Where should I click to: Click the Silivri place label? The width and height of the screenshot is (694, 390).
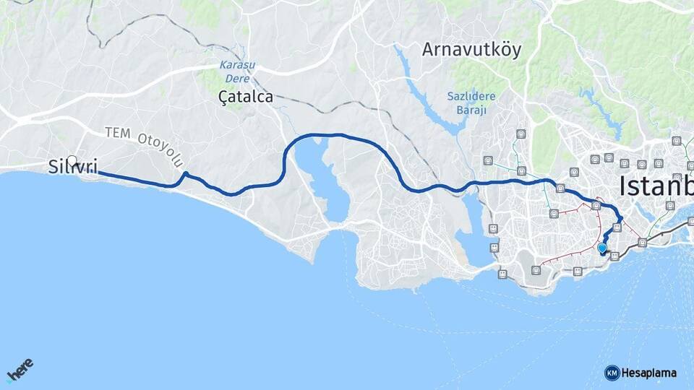pyautogui.click(x=72, y=167)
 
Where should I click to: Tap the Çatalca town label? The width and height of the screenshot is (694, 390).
pyautogui.click(x=246, y=96)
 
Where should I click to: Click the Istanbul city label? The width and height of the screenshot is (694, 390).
pyautogui.click(x=654, y=186)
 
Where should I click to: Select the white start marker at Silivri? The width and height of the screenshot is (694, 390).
pyautogui.click(x=72, y=161)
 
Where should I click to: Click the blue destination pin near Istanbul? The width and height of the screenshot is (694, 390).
pyautogui.click(x=601, y=248)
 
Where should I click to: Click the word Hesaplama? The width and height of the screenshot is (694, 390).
pyautogui.click(x=649, y=373)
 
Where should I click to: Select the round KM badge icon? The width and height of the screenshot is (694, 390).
pyautogui.click(x=612, y=373)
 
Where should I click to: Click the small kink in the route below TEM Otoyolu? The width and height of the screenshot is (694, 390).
pyautogui.click(x=185, y=173)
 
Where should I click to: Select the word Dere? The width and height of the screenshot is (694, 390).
pyautogui.click(x=233, y=74)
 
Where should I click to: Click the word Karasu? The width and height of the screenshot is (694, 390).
pyautogui.click(x=233, y=64)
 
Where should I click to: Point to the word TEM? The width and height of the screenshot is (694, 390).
pyautogui.click(x=116, y=133)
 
